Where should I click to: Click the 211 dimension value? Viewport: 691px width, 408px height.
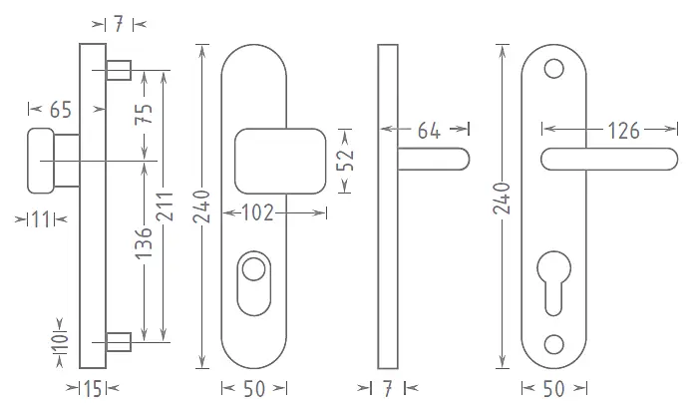coord(166,206)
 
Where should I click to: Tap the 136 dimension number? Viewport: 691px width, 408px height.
coord(144,243)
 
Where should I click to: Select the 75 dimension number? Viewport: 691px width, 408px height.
coord(144,114)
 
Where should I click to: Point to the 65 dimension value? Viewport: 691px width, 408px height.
coord(61,110)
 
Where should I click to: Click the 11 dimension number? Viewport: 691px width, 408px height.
coord(42,219)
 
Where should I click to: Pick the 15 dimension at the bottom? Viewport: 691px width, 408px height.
coord(93,389)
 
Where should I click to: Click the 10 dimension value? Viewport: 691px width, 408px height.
coord(61,342)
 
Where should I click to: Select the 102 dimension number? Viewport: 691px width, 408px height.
coord(258,213)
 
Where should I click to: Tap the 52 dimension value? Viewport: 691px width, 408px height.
coord(345,160)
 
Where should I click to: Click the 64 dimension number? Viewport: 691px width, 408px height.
coord(429,131)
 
